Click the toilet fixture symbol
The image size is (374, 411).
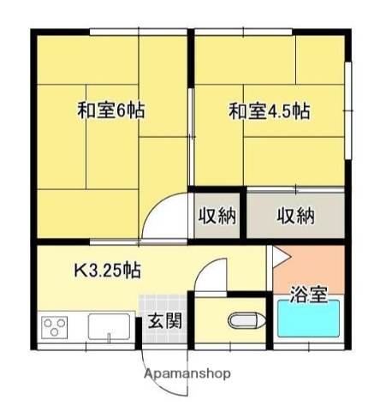click(x=244, y=322)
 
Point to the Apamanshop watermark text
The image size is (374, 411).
click(x=187, y=374)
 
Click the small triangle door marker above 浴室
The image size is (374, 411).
click(x=277, y=254)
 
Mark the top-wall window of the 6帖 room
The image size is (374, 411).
click(x=137, y=33)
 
